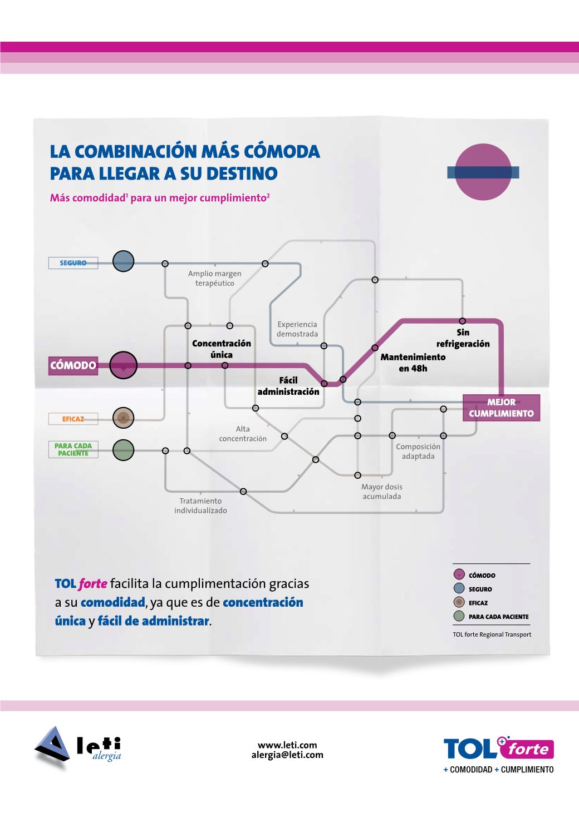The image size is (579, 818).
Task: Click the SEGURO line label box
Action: coord(73,263)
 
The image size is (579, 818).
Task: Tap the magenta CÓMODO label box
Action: coord(73,365)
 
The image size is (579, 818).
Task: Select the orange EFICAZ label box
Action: coord(73,419)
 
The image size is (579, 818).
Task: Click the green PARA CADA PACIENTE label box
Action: coord(73,449)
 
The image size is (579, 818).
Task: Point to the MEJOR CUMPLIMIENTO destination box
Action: coord(501,408)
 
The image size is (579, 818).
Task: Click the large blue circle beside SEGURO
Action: coord(123,261)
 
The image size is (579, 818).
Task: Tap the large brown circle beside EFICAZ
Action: coord(123,418)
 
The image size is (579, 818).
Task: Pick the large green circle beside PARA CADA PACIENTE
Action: coord(123,450)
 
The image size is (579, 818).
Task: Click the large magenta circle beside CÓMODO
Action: coord(123,366)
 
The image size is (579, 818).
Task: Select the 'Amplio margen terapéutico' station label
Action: coord(214,278)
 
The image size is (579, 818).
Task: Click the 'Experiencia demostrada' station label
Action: coord(297,329)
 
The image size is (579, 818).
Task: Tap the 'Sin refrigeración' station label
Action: coord(463,338)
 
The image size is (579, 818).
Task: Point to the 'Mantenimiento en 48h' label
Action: coord(413,363)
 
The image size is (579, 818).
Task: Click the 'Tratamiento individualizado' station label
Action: coord(200,505)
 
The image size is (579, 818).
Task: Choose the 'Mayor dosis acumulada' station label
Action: coord(381,492)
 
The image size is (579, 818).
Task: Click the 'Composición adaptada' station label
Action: coord(418,452)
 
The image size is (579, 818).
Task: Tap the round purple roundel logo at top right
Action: coord(483,172)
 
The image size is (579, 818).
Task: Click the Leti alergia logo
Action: coord(78,746)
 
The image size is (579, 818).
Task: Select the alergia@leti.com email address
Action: coord(287,755)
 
